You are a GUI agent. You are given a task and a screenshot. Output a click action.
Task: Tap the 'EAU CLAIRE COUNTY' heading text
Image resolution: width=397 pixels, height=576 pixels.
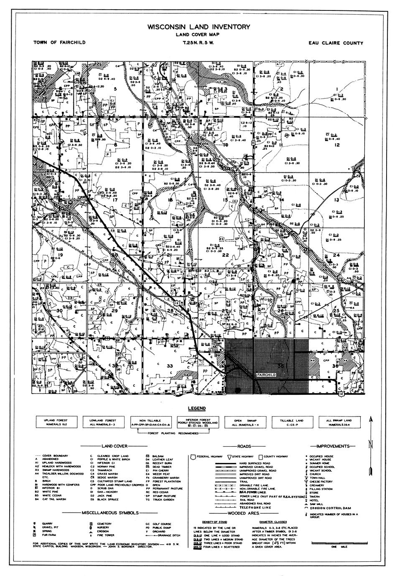(x=336, y=43)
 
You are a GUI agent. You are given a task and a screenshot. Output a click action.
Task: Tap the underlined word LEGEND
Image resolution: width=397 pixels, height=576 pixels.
(x=196, y=408)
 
